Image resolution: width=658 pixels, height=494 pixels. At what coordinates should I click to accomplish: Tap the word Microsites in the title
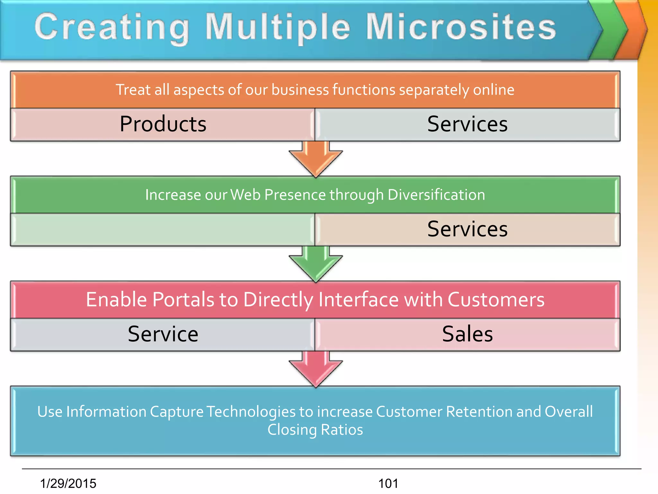point(461,27)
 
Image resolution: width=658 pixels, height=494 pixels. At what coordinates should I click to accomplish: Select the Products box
point(163,124)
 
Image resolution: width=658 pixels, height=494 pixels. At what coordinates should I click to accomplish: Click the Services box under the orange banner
point(467,124)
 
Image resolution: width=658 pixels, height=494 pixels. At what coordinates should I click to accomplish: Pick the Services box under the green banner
point(467,229)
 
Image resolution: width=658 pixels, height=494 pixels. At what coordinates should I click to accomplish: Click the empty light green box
point(163,229)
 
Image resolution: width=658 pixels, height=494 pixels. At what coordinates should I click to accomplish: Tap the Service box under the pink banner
point(163,334)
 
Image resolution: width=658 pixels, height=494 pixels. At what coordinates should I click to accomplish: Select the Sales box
point(467,334)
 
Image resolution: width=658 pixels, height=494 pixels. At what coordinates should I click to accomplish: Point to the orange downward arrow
point(316,161)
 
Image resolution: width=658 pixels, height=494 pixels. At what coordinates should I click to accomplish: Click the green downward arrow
point(316,266)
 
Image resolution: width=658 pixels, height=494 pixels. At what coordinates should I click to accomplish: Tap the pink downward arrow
point(316,370)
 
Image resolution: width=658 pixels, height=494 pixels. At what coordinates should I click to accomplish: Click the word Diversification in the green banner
point(436,195)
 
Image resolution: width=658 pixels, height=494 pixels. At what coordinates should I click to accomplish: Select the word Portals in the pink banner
point(183,300)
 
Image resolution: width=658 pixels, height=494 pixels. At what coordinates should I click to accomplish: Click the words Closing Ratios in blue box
point(315,430)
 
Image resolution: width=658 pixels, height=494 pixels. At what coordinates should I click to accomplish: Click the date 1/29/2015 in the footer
point(68,483)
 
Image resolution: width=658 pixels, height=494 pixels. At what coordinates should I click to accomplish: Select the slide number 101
point(388,483)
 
